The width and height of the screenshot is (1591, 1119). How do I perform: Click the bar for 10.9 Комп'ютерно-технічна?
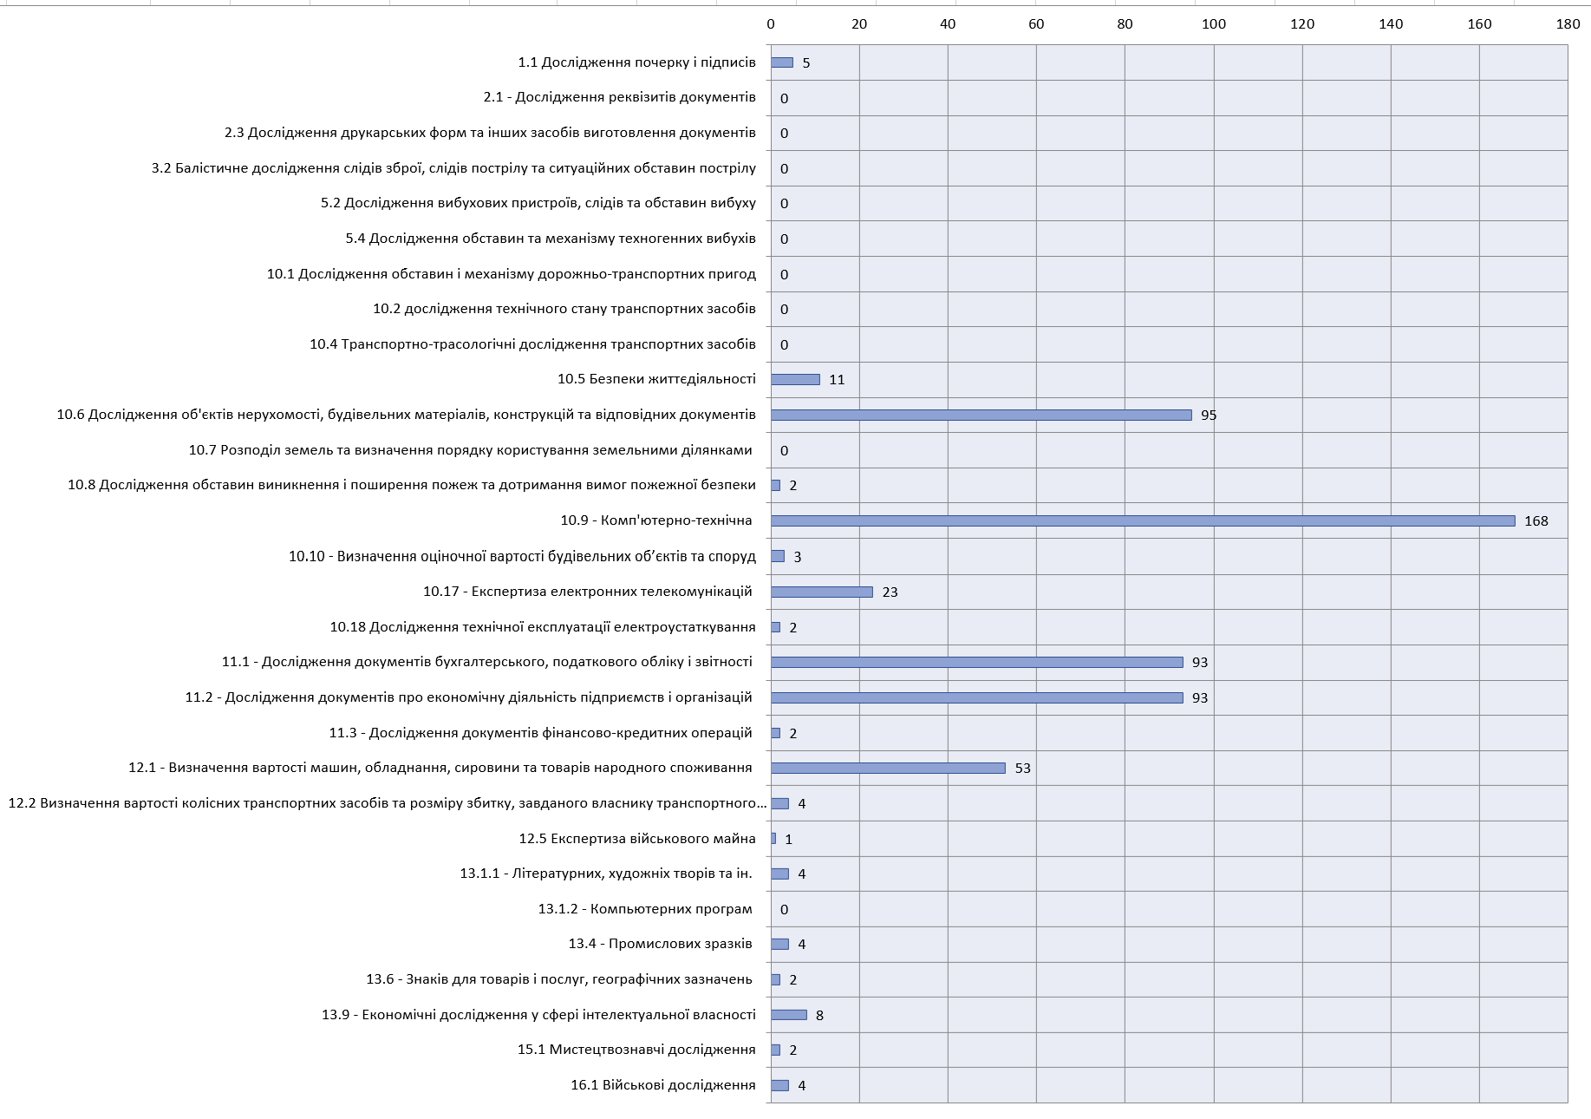click(1143, 520)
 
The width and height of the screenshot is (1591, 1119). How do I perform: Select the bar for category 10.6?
click(981, 415)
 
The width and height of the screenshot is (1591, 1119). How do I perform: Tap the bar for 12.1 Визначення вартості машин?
click(888, 768)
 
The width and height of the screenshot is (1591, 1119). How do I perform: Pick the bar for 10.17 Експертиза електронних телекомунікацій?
click(821, 592)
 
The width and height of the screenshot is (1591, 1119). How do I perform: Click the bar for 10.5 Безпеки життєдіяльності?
click(795, 379)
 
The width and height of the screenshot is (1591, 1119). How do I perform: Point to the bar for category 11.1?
click(976, 662)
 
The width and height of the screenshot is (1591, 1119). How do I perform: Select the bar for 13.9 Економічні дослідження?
click(788, 1015)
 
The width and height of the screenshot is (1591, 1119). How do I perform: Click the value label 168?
click(1536, 521)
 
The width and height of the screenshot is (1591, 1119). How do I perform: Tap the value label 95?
click(1209, 416)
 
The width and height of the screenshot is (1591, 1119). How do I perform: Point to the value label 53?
click(1022, 769)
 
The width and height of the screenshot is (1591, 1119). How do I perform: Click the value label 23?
click(890, 592)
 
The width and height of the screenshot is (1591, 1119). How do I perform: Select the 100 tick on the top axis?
click(1213, 24)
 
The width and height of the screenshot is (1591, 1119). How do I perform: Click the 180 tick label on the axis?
click(1568, 24)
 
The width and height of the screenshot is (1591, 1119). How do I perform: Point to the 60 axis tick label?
click(1036, 24)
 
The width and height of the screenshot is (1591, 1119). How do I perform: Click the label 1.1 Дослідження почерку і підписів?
click(636, 62)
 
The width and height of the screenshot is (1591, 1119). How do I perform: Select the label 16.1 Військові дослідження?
click(662, 1085)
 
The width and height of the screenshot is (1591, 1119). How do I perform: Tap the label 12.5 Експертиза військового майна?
click(637, 839)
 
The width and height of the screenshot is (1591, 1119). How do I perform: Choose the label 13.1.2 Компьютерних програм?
click(645, 909)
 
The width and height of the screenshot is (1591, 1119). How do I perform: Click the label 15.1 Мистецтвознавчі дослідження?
click(636, 1050)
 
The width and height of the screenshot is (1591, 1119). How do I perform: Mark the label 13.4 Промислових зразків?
click(660, 944)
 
